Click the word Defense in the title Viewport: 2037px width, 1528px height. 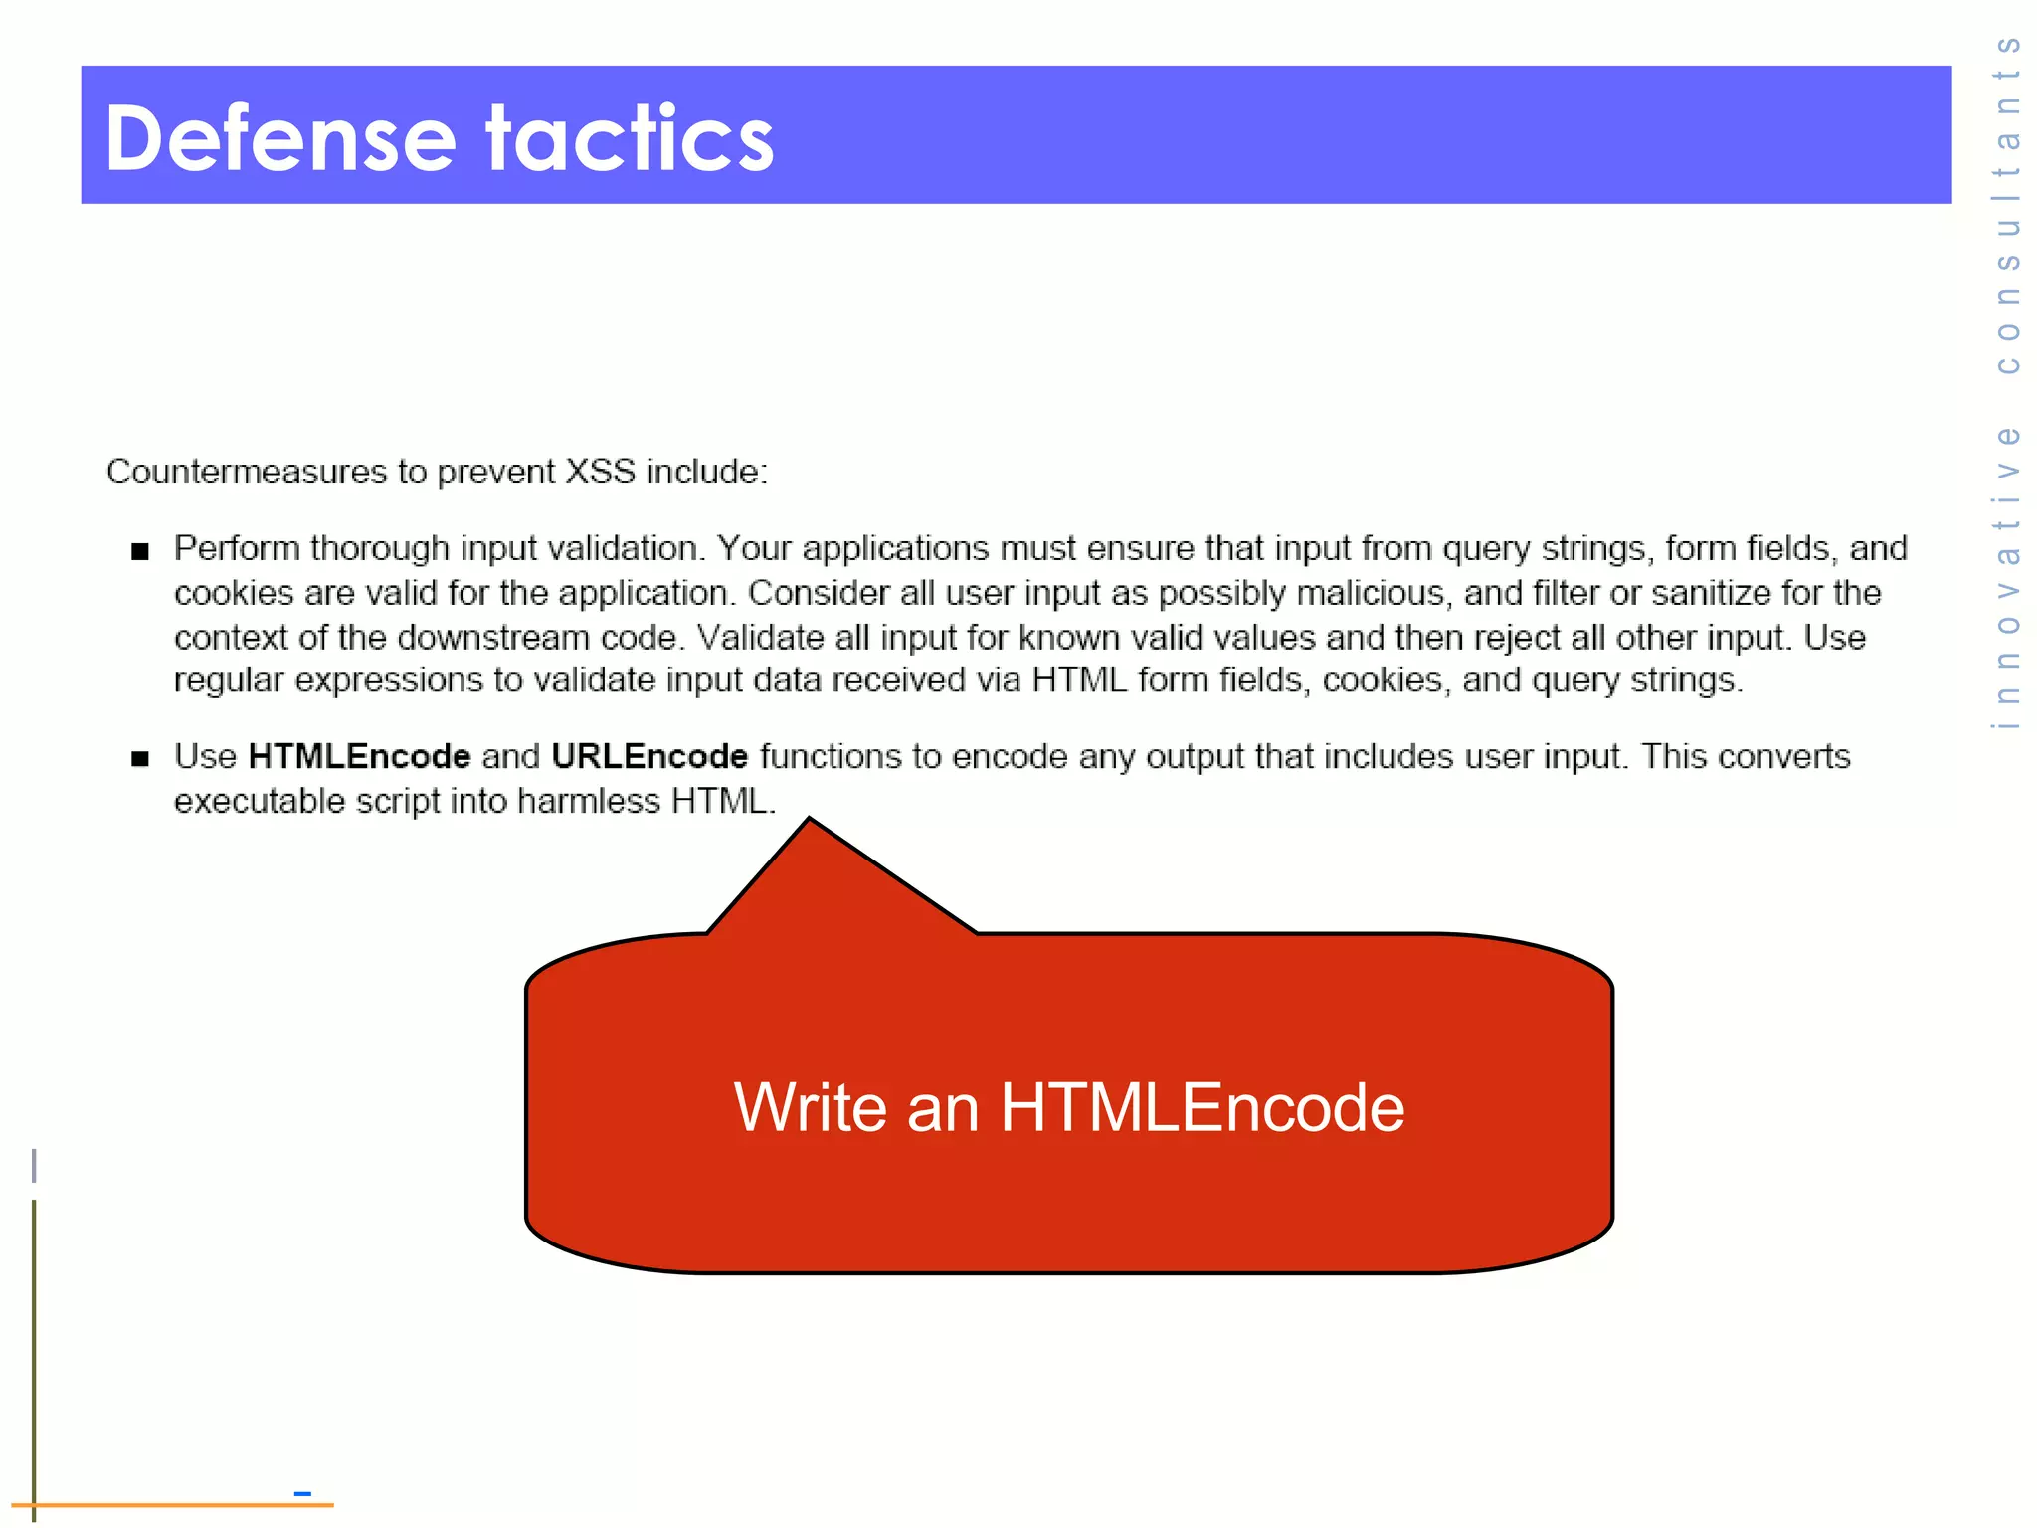(279, 139)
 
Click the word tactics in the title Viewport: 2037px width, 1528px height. (629, 139)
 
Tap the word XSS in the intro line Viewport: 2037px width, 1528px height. (600, 472)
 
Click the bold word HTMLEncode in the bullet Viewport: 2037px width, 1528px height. (359, 757)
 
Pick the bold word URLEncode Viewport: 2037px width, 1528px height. (649, 757)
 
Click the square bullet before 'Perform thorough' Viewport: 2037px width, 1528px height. (140, 551)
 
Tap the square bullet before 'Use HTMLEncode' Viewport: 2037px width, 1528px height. (140, 759)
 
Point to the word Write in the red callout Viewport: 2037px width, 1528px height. (810, 1107)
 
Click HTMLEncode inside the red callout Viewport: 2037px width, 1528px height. (1202, 1107)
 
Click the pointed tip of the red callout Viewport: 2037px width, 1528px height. (810, 821)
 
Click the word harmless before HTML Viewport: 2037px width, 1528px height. (588, 802)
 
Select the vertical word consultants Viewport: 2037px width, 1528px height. (2008, 204)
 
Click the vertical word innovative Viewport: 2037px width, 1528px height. (2008, 577)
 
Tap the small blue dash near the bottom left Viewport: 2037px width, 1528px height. (302, 1493)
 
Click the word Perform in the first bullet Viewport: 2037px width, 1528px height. (237, 549)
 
